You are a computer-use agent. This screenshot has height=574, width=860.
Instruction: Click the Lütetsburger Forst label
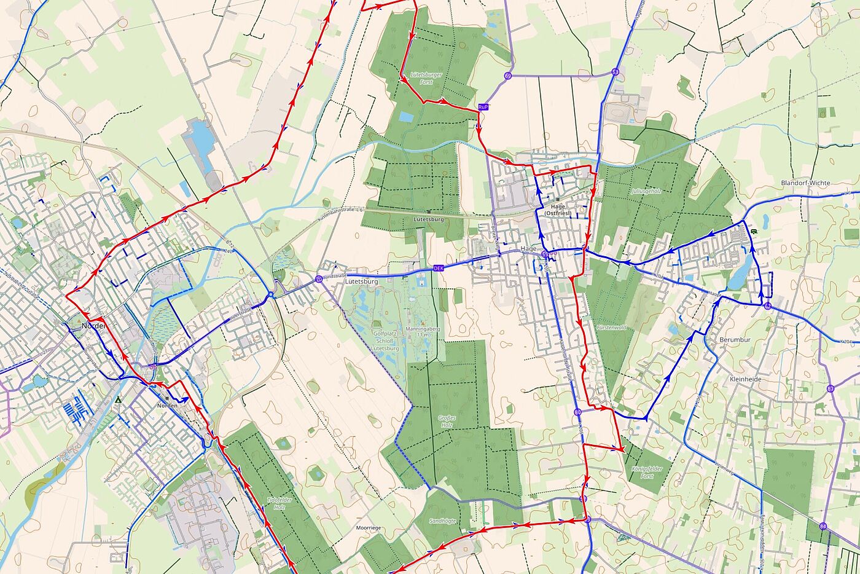426,78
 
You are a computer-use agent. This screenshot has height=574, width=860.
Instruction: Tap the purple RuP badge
483,107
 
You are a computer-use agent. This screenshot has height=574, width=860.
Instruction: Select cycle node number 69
507,76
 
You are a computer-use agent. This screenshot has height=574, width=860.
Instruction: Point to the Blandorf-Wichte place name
805,183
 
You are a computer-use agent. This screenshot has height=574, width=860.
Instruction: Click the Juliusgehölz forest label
646,191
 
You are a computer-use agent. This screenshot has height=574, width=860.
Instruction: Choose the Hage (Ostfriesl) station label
558,210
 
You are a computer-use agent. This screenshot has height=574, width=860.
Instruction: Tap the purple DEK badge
438,268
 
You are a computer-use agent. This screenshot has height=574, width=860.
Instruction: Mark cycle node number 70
318,280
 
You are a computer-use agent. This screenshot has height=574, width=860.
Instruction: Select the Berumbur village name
735,339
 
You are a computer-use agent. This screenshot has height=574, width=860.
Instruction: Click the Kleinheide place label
746,379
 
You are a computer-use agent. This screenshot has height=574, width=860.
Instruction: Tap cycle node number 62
768,305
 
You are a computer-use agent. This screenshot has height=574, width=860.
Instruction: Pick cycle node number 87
831,388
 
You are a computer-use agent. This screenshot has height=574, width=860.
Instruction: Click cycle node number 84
823,525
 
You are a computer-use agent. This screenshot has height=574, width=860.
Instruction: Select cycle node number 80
577,412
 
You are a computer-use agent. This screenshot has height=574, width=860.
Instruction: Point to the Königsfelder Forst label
643,472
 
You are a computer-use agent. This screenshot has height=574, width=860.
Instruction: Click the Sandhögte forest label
442,521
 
